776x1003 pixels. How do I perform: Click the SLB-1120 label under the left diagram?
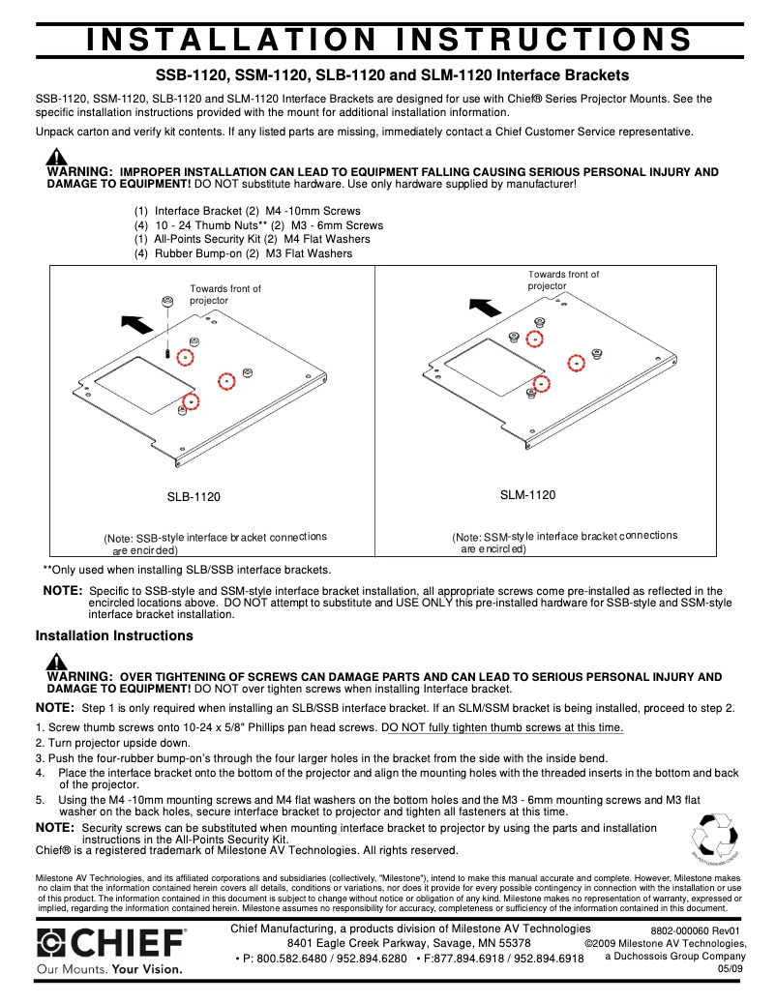click(x=194, y=497)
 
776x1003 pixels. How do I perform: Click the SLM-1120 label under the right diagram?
click(x=527, y=495)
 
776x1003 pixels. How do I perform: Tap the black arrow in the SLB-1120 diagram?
click(x=139, y=323)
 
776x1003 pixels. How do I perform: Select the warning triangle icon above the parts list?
click(x=57, y=157)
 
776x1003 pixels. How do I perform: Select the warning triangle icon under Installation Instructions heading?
click(x=57, y=662)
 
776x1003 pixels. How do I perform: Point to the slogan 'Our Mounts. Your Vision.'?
click(x=108, y=968)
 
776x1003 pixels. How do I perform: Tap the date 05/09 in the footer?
click(x=730, y=969)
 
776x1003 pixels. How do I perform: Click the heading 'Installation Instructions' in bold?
click(x=114, y=636)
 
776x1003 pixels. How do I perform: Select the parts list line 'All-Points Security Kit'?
click(x=198, y=239)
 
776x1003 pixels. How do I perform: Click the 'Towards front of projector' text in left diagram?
click(x=224, y=294)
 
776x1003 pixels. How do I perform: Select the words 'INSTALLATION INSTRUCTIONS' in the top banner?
click(x=389, y=39)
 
